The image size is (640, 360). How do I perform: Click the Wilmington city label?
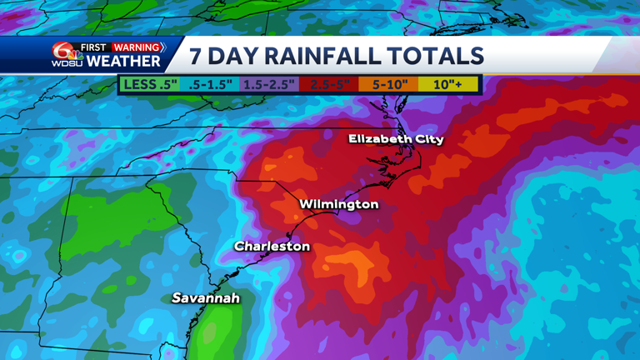[338, 204]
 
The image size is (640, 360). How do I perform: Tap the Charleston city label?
[272, 246]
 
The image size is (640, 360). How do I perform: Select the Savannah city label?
[206, 297]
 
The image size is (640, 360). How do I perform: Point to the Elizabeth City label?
[396, 138]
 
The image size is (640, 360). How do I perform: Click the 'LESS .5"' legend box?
[150, 84]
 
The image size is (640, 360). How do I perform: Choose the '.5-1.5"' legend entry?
[209, 84]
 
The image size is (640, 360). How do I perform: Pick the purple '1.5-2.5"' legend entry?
[269, 84]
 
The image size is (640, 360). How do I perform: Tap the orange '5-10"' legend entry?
[388, 84]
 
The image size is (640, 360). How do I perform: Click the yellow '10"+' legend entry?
[447, 84]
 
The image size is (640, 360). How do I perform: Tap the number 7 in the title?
[196, 56]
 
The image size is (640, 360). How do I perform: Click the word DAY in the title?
[236, 56]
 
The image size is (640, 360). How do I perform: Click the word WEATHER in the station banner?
[123, 62]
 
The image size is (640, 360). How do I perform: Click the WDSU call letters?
[67, 63]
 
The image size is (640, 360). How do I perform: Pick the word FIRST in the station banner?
[93, 47]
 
